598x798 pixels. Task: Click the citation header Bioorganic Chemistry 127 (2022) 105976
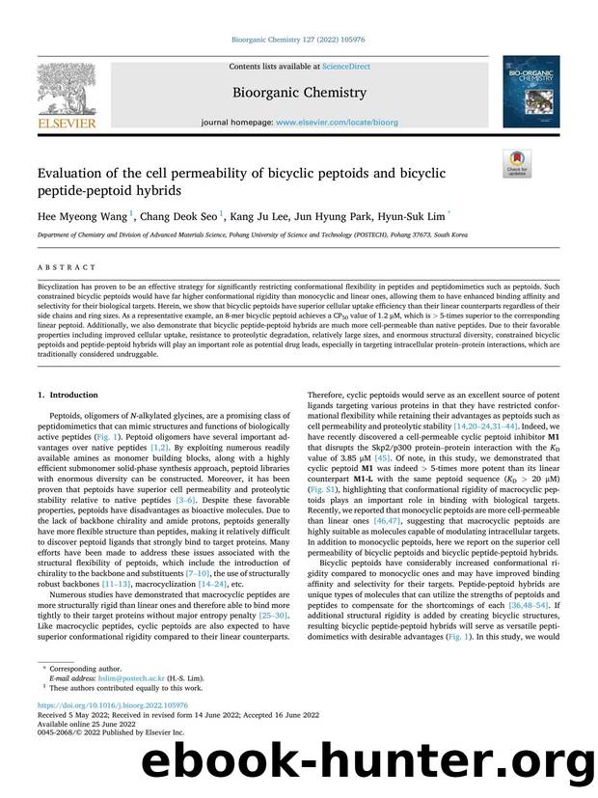click(298, 41)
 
